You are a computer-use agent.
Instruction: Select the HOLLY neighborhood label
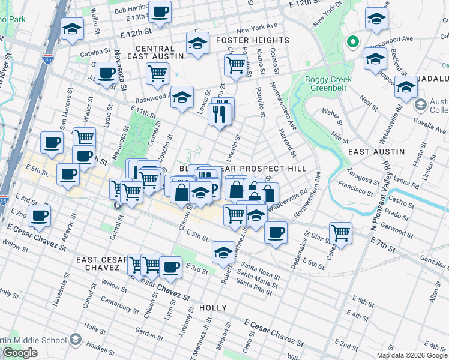(x=213, y=308)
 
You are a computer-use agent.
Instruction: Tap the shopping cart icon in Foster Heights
(x=237, y=63)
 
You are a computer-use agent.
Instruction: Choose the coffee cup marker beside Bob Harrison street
(x=160, y=11)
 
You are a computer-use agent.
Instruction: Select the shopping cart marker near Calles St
(x=340, y=233)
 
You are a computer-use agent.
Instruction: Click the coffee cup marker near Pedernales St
(x=276, y=232)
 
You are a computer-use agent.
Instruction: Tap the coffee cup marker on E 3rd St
(x=170, y=265)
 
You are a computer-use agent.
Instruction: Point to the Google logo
(x=20, y=353)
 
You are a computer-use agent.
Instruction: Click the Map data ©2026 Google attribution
(x=412, y=355)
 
